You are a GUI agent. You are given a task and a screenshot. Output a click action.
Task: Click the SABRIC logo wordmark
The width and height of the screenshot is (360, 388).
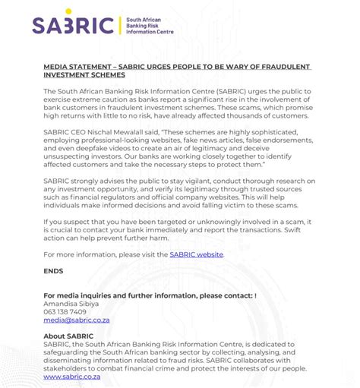(73, 26)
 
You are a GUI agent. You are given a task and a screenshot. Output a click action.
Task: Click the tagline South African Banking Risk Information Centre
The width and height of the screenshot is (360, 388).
(150, 26)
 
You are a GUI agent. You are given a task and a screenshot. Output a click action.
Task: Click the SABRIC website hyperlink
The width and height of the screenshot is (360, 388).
(196, 254)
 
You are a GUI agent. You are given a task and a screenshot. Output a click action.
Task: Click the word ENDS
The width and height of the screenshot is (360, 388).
(53, 270)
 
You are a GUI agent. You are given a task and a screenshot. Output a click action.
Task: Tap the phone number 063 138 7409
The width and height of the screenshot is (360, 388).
(65, 311)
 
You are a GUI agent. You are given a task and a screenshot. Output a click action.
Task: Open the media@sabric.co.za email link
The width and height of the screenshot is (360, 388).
(77, 320)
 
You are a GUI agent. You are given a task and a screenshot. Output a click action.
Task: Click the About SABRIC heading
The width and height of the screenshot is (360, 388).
(69, 336)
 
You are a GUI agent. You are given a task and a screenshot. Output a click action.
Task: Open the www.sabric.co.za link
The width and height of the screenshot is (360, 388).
(74, 377)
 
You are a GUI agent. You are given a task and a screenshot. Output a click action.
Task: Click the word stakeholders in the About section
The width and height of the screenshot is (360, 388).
(69, 368)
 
